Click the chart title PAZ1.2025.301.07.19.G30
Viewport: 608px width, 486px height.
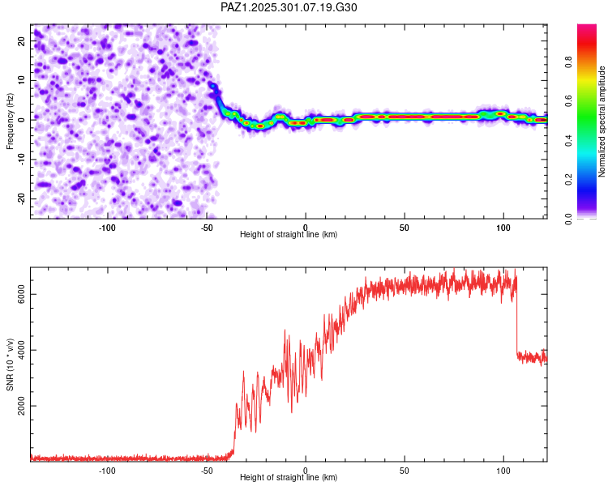pos(289,7)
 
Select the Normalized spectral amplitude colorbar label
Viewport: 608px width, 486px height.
pos(602,122)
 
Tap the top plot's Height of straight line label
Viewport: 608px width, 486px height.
pos(289,234)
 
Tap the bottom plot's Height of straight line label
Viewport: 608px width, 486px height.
pos(289,478)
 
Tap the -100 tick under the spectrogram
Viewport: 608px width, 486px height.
pos(107,227)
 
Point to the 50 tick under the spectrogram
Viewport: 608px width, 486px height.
pos(404,227)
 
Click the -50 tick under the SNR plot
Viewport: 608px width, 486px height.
pos(206,470)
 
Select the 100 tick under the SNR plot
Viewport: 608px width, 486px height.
pos(503,470)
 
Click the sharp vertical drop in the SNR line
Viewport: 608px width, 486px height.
pos(516,324)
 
